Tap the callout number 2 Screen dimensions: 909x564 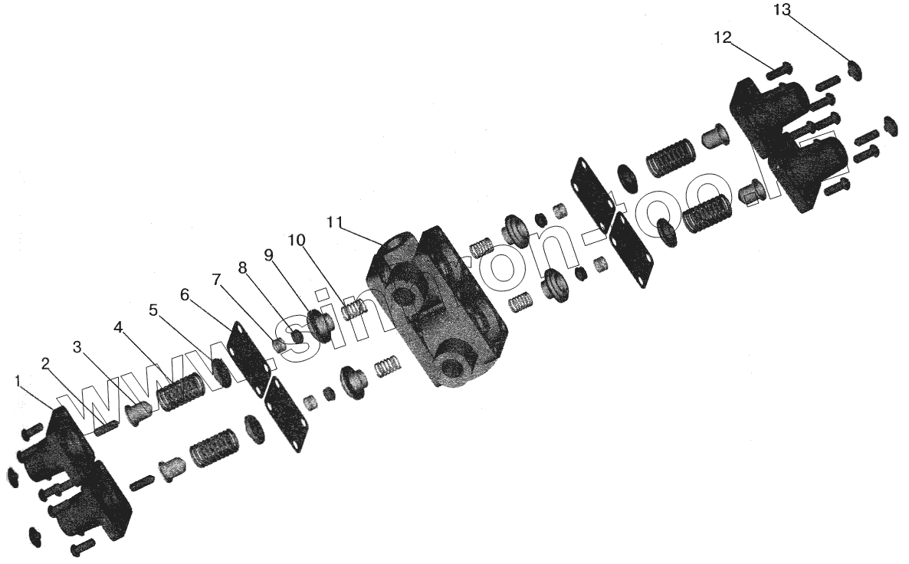coord(46,364)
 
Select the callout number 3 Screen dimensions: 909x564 coord(77,347)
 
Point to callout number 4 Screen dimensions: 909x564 coord(118,328)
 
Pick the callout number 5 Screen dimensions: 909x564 coord(153,310)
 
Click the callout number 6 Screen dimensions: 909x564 coord(185,294)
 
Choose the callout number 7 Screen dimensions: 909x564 coord(217,280)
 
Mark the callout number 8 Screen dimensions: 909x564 coord(242,267)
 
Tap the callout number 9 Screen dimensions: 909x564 coord(268,254)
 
